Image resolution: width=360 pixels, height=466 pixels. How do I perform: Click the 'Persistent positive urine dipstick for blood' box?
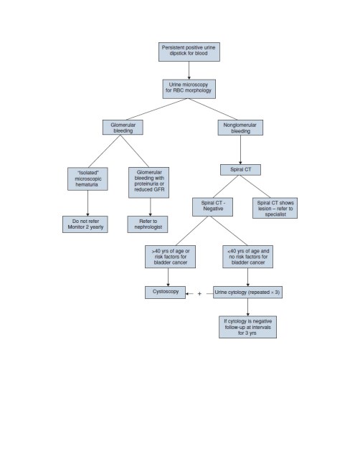[189, 52]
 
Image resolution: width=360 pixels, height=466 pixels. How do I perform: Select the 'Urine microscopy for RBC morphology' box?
[189, 89]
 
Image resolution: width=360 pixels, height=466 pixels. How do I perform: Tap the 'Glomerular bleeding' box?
[123, 127]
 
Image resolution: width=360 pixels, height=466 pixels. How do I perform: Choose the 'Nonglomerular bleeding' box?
[240, 128]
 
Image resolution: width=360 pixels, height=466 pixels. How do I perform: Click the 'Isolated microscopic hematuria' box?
[87, 179]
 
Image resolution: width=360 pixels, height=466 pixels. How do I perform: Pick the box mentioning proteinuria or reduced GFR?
[148, 182]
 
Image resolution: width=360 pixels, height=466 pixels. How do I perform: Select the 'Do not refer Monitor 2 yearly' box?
[85, 224]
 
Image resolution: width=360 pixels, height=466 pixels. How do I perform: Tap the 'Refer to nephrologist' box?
[148, 224]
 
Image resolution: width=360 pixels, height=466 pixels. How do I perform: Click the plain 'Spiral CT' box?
[240, 170]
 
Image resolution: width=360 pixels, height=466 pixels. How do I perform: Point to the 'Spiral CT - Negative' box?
[212, 207]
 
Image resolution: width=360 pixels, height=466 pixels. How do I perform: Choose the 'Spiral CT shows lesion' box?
[275, 208]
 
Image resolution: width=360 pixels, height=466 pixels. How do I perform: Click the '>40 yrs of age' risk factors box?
[170, 257]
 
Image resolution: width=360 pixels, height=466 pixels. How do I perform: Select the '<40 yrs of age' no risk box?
[247, 257]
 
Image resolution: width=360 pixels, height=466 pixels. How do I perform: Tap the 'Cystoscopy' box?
[165, 292]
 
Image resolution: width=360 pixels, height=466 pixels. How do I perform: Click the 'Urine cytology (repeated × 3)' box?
[247, 292]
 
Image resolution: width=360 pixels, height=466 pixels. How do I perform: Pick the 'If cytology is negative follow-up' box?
[247, 327]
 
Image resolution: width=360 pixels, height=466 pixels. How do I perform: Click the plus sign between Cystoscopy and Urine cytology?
[199, 294]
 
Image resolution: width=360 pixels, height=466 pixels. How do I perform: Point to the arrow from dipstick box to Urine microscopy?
[189, 70]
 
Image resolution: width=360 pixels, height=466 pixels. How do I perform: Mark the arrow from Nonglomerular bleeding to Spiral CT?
[240, 150]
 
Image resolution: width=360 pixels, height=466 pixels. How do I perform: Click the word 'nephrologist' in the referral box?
[148, 227]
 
